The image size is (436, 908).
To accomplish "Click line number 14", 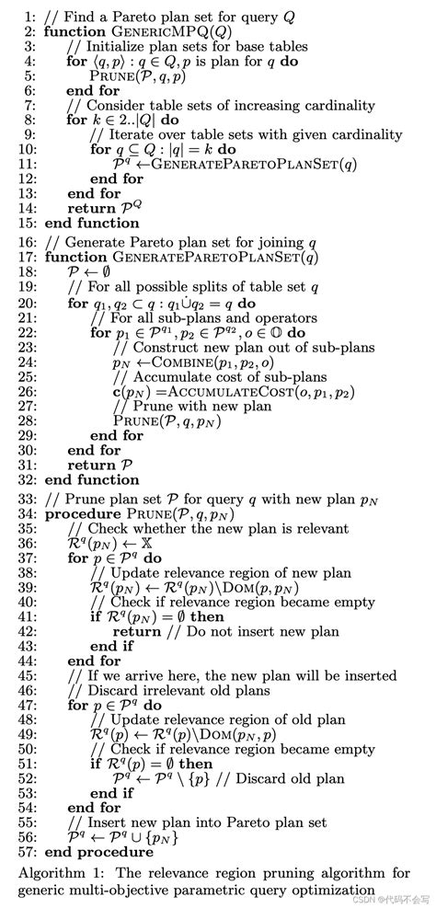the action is tap(22, 208).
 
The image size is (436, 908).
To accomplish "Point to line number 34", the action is tap(22, 513).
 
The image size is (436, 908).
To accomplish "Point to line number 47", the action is tap(22, 704).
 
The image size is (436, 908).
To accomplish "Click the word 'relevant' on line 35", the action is tap(321, 528).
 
